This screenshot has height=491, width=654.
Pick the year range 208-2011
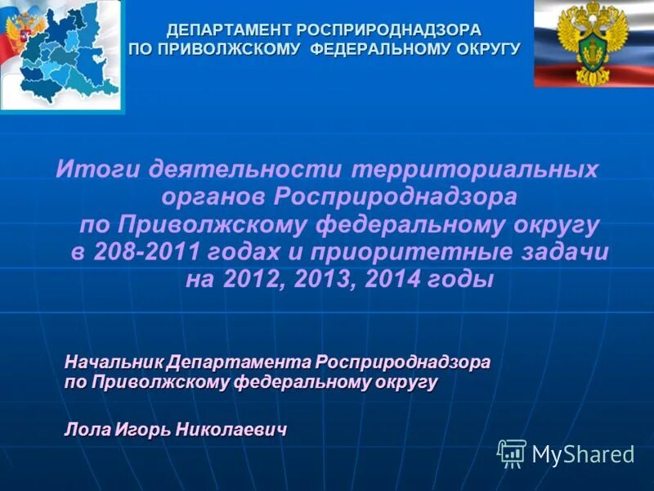144,252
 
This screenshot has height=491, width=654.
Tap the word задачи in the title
567,252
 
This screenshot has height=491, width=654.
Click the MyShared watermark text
583,454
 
